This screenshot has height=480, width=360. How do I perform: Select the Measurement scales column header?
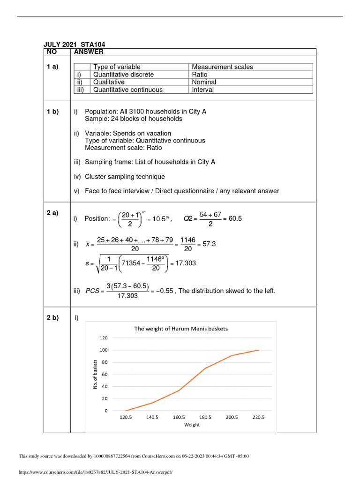point(222,67)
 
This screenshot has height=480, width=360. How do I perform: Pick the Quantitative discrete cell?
point(123,75)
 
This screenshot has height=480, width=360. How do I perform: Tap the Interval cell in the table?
point(202,90)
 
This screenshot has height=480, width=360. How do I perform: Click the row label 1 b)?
point(52,112)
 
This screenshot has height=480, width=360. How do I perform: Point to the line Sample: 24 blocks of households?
point(134,119)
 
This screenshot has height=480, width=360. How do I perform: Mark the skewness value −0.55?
point(162,291)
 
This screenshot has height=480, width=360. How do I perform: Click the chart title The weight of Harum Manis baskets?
point(181,329)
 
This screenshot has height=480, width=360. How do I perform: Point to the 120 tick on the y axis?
point(104,337)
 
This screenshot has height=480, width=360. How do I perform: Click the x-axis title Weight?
point(192,425)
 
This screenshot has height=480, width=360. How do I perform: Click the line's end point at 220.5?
point(258,350)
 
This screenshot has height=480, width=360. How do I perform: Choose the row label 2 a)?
point(52,213)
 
